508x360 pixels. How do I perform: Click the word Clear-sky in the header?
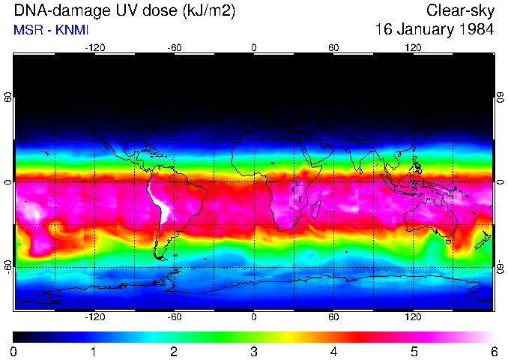[460, 10]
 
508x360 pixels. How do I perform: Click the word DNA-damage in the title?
[46, 10]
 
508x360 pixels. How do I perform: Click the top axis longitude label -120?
[94, 47]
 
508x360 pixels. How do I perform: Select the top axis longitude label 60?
[333, 47]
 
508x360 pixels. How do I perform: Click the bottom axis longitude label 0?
[254, 317]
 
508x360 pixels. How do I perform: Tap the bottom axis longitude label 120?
[413, 317]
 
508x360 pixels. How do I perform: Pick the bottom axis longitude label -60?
[174, 317]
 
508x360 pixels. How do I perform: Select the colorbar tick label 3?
[254, 351]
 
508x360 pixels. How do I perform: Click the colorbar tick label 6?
[493, 351]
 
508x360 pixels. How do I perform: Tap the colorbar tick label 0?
[14, 351]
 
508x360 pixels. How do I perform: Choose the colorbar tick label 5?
[414, 351]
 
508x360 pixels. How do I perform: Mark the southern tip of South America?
[160, 257]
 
